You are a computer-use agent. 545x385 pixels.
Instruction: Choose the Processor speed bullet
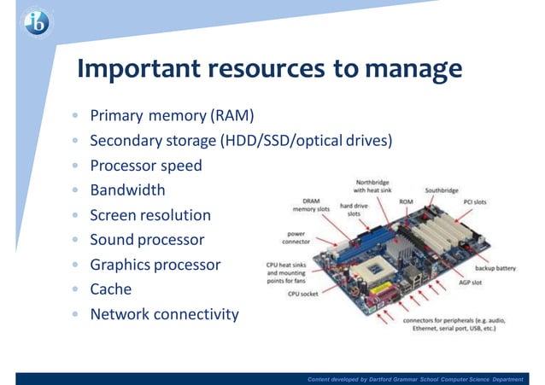coord(146,165)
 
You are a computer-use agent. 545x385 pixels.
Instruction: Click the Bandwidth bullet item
coord(127,190)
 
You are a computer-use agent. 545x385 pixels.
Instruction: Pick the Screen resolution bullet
coord(150,215)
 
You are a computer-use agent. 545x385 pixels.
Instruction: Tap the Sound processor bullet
coord(147,240)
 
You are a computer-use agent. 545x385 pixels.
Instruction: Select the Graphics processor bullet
coord(155,265)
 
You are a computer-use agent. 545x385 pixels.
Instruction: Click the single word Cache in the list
coord(111,289)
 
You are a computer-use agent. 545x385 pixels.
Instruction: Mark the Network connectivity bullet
coord(164,314)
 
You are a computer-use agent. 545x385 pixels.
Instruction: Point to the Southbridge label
coord(442,190)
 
